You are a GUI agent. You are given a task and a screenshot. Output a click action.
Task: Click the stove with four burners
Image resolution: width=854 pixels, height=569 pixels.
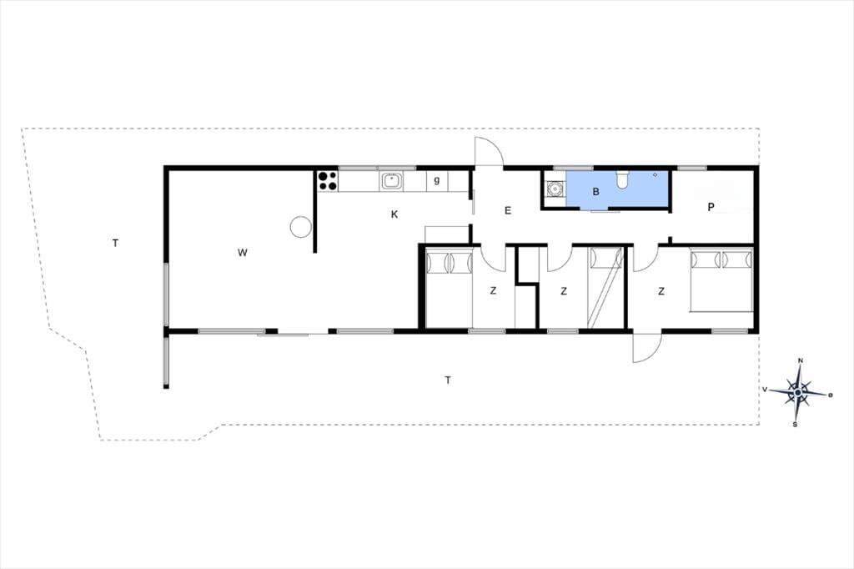327,181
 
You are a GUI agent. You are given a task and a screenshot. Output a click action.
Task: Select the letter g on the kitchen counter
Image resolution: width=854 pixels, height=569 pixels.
437,180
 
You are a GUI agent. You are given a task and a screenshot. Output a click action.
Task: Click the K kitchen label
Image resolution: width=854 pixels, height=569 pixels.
394,214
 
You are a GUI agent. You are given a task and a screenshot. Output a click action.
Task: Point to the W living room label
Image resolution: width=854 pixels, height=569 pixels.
243,252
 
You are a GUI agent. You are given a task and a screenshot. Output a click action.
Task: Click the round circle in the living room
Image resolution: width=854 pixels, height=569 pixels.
300,226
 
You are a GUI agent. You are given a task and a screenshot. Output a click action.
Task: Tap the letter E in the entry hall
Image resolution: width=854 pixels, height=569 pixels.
508,210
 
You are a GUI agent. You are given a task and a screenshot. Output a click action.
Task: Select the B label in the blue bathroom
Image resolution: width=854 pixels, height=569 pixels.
595,192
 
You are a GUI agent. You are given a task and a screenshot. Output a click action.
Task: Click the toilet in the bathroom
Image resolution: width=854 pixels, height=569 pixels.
622,179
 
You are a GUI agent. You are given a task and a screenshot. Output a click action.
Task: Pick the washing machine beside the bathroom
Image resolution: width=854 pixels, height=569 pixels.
555,189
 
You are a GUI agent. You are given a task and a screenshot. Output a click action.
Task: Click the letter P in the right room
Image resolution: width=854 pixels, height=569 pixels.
711,207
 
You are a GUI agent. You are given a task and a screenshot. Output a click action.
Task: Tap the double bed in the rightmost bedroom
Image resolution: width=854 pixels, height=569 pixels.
721,279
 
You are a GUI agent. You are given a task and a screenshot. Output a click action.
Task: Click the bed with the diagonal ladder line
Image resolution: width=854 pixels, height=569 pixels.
605,288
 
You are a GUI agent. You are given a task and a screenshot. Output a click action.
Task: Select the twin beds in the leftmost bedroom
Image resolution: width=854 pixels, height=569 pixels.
449,288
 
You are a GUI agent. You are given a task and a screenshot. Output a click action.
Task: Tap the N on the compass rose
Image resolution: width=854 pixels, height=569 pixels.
800,360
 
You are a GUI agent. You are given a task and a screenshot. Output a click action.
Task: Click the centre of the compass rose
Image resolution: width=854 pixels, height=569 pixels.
798,392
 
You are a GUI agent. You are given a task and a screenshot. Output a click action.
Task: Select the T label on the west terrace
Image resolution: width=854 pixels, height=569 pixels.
115,243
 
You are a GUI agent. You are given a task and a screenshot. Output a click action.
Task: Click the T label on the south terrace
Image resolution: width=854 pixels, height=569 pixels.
448,380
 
